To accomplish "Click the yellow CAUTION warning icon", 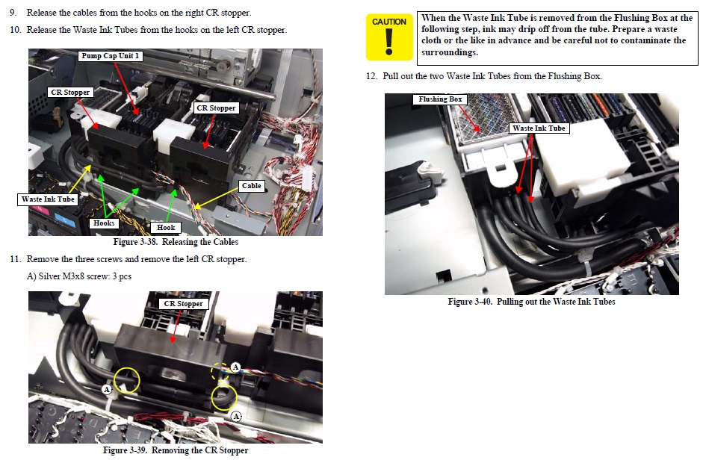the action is [x=389, y=37].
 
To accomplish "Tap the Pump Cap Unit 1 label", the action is [x=111, y=56].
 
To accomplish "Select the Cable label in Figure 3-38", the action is [x=251, y=186].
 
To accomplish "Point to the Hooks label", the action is [x=104, y=223].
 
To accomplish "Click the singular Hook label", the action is [x=166, y=228].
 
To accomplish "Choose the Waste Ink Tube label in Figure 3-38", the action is [x=48, y=199].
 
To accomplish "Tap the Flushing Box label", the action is [x=440, y=99].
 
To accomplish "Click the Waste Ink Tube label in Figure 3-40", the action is [x=539, y=128].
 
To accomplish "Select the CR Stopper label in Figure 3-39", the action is [x=183, y=304].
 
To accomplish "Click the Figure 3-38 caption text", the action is [x=176, y=242].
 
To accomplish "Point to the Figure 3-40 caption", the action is [x=531, y=302].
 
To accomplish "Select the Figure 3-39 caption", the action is [x=176, y=450].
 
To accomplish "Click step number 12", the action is [x=371, y=76].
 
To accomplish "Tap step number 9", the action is [x=13, y=13].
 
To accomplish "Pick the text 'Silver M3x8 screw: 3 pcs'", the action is [x=85, y=276].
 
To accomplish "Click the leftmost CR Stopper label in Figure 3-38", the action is [x=70, y=93].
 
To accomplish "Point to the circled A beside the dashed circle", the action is [x=235, y=367].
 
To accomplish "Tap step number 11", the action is [x=15, y=259].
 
